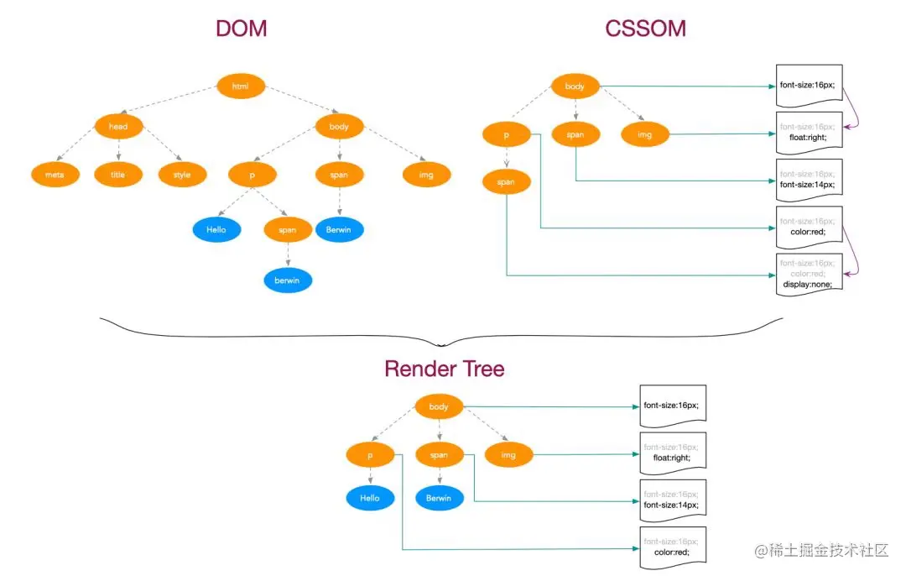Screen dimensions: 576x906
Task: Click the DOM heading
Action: click(241, 29)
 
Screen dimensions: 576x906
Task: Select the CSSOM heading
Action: click(645, 29)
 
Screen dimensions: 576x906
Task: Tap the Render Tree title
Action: click(445, 369)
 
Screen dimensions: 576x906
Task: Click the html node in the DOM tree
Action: click(241, 86)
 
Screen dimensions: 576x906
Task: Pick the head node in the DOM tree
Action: click(118, 127)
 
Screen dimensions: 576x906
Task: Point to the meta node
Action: click(55, 175)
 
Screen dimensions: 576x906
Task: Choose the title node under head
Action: click(118, 175)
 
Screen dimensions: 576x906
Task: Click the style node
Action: click(182, 175)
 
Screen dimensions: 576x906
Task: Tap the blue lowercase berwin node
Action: click(287, 280)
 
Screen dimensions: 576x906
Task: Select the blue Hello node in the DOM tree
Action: click(216, 228)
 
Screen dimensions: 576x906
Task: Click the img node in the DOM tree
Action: click(426, 175)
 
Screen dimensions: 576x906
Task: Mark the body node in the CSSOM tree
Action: click(575, 86)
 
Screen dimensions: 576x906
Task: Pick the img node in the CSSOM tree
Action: click(645, 134)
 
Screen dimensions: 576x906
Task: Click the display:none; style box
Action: click(809, 274)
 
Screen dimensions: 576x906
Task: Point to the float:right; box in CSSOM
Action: click(809, 133)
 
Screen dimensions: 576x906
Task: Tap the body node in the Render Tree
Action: click(439, 407)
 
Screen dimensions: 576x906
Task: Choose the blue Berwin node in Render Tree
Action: click(439, 498)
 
